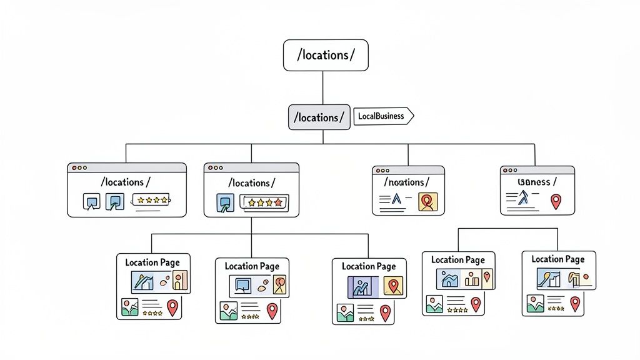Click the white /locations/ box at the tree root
point(326,55)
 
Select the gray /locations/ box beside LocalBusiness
point(319,117)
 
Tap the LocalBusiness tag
point(382,116)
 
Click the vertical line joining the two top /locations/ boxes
point(322,87)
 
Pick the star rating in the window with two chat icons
point(151,201)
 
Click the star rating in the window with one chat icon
point(264,202)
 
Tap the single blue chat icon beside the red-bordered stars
point(224,202)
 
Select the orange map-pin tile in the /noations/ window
point(428,201)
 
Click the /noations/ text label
point(407,182)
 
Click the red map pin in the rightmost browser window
point(555,201)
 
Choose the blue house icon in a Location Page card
point(449,279)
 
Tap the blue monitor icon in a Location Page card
point(242,285)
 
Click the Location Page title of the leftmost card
point(152,262)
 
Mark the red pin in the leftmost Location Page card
point(172,307)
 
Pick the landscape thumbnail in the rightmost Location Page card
point(536,304)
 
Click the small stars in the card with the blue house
point(457,309)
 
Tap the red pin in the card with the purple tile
point(385,312)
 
